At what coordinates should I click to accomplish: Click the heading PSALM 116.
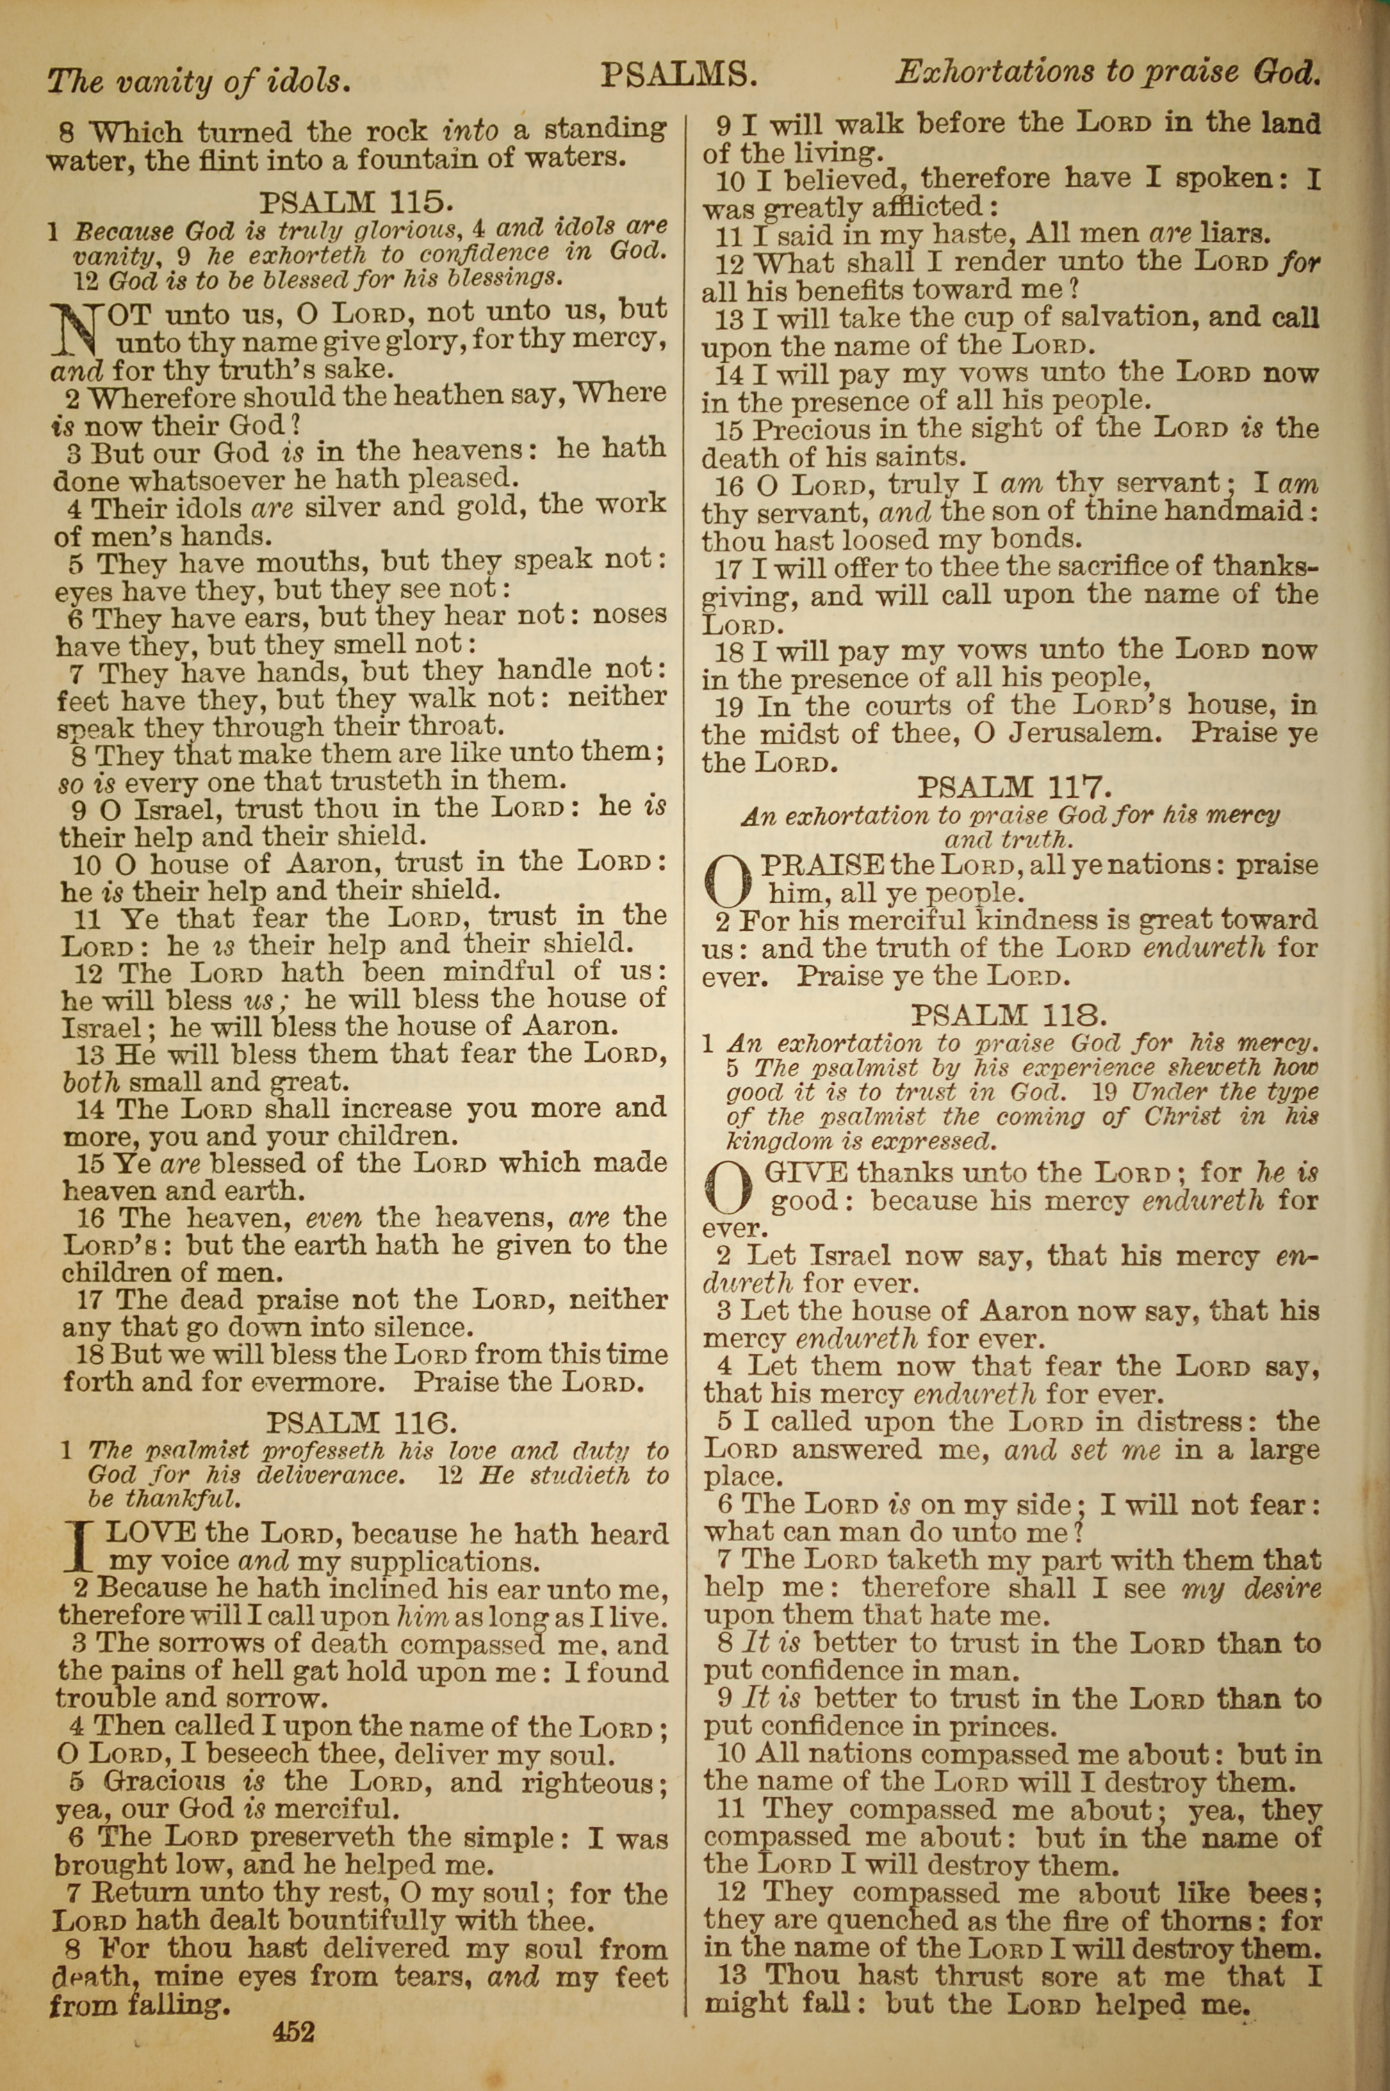(x=361, y=1424)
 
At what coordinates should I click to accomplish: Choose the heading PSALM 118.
(x=1009, y=1014)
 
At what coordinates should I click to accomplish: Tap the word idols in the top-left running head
(x=303, y=81)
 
